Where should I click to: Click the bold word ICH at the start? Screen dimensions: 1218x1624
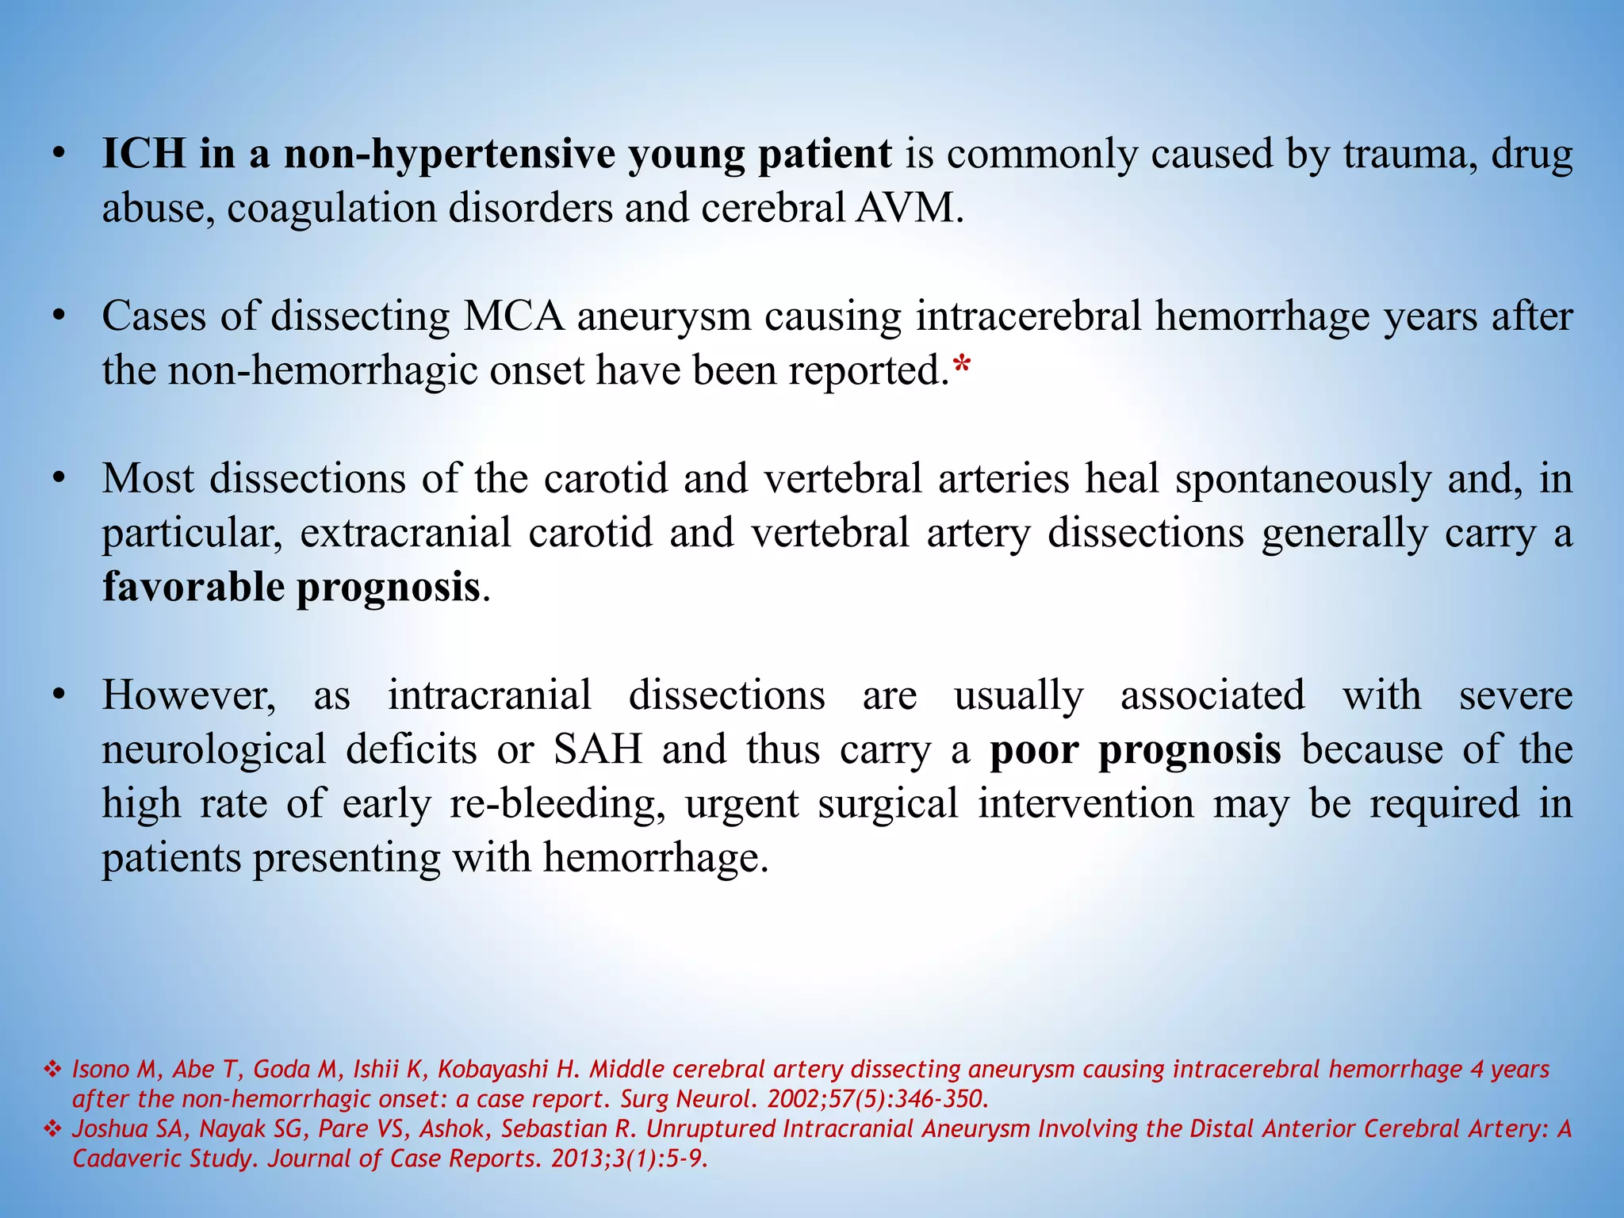[144, 154]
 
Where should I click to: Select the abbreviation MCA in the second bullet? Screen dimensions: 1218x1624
[513, 316]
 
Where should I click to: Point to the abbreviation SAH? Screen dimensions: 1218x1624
[598, 750]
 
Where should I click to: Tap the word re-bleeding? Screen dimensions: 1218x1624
[557, 804]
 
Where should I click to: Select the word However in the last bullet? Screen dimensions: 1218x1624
[189, 695]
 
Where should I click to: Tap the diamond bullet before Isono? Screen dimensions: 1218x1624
[52, 1070]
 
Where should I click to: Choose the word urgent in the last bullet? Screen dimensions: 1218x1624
[741, 804]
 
